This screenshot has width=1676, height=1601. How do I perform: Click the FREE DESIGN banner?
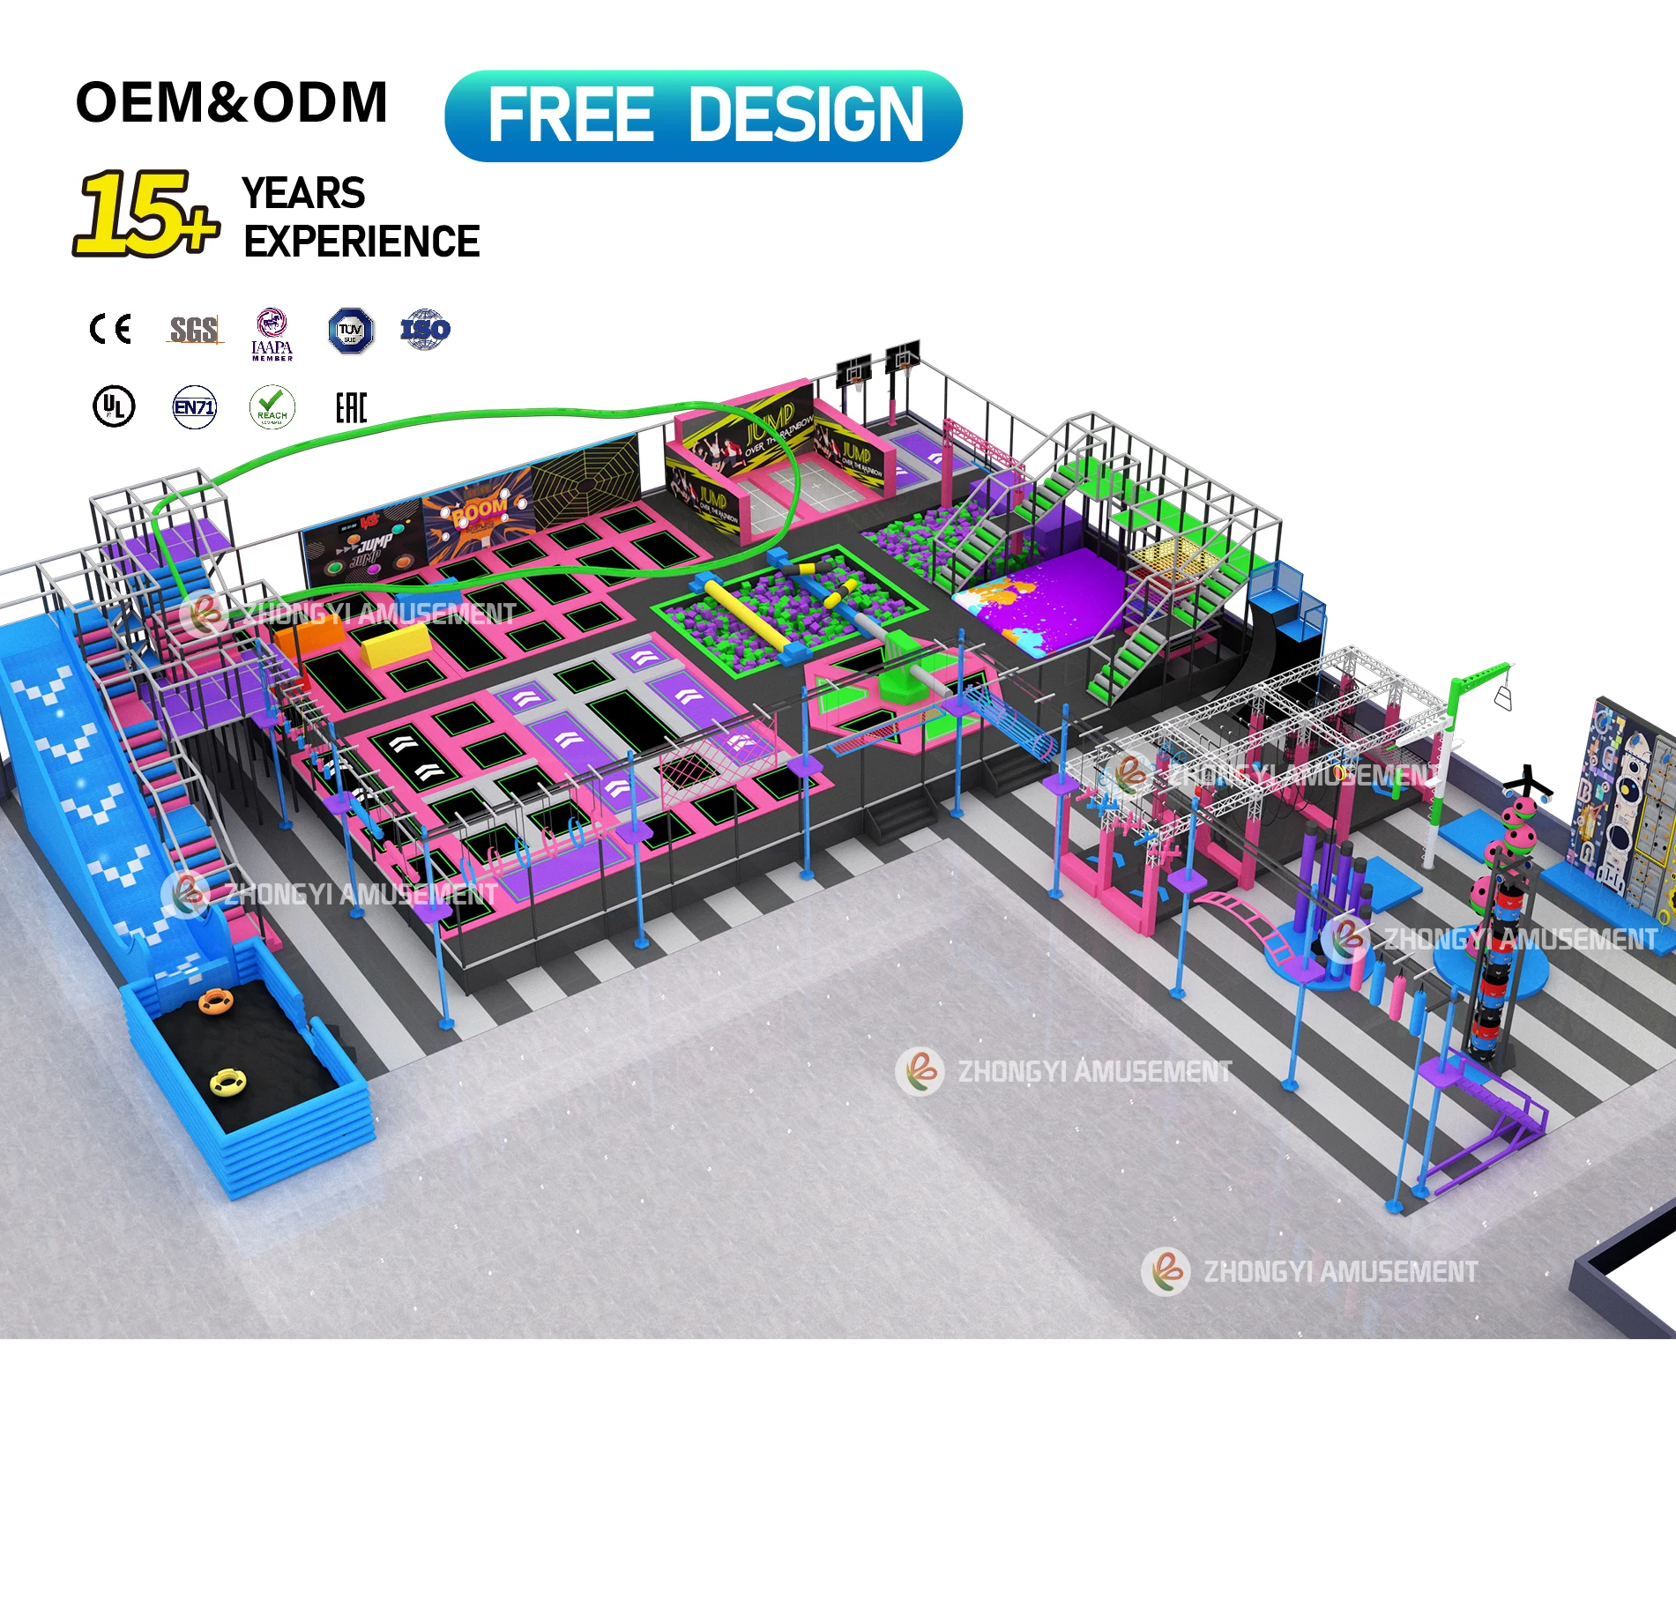(703, 115)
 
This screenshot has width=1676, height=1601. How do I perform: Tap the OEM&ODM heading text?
(231, 102)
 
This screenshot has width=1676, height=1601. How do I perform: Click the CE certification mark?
(111, 329)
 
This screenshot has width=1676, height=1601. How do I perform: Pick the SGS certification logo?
(194, 330)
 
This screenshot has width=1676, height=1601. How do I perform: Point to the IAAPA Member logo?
(272, 334)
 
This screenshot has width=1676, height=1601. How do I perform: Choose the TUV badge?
(350, 331)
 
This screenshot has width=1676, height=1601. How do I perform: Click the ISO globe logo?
(425, 330)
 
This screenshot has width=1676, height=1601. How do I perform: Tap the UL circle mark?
(114, 406)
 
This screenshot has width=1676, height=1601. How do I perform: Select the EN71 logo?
(194, 407)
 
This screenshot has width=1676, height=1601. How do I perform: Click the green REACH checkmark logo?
(272, 407)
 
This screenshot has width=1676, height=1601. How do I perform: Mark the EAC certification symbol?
(350, 407)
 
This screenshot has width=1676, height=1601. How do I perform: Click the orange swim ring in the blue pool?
(214, 1002)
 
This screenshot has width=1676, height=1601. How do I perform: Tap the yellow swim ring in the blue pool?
(229, 1081)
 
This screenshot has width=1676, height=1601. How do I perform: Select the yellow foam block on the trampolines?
(396, 644)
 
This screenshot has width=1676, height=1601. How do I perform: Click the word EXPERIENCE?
(361, 242)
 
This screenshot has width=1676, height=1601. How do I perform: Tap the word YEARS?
(303, 193)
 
